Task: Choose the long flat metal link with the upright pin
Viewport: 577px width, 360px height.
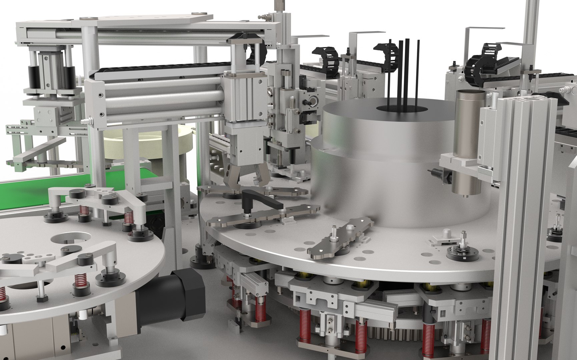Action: [x=340, y=238]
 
